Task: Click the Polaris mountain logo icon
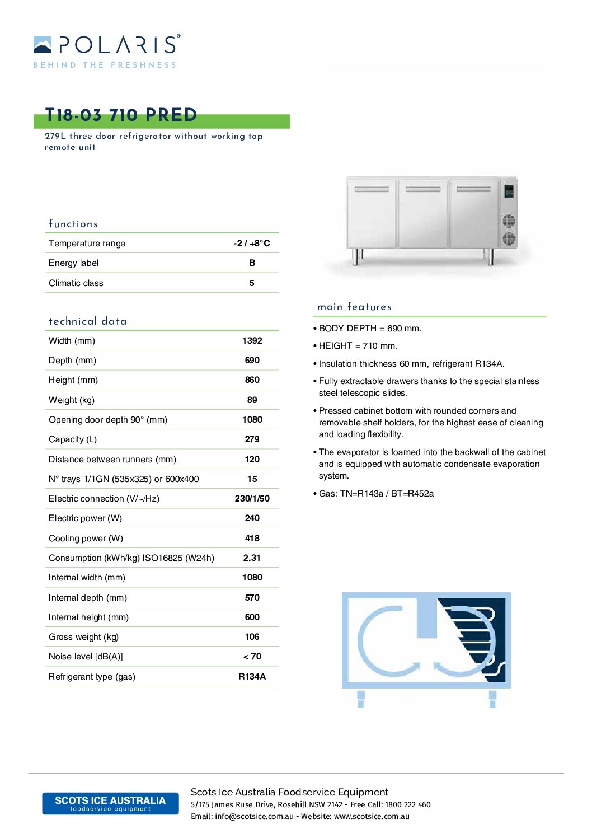coord(43,45)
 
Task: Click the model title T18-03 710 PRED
coord(121,115)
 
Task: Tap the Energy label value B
coord(252,263)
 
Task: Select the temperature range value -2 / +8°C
coord(252,244)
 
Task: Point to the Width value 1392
coord(252,341)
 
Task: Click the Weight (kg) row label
coord(72,400)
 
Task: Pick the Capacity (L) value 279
coord(252,439)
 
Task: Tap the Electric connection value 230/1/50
coord(252,499)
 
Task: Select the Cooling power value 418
coord(252,539)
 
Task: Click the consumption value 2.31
coord(252,558)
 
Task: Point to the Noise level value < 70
coord(252,657)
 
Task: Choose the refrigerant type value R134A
coord(252,677)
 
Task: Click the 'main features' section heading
coord(354,307)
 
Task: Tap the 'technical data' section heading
coord(87,321)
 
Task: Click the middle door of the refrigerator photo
coord(422,213)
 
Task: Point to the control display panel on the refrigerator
coord(509,191)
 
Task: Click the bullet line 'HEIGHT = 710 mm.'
coord(358,346)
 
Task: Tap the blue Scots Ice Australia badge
coord(110,803)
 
